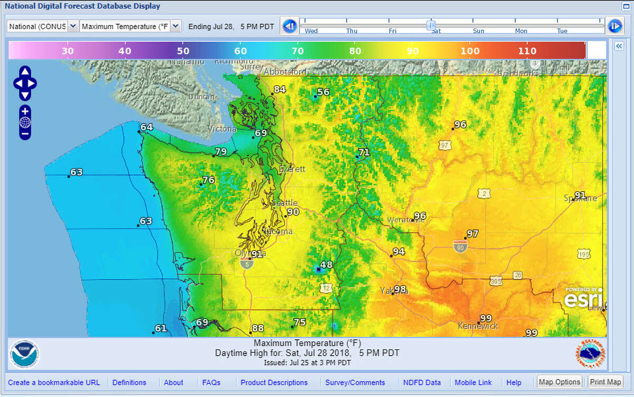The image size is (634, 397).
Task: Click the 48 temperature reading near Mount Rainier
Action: [326, 265]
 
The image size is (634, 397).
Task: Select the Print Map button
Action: [605, 382]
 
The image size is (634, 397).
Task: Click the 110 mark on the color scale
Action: [527, 51]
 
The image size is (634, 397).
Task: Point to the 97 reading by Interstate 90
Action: [472, 234]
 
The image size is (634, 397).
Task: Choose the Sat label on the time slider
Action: [436, 31]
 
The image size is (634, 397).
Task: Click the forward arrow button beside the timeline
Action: [614, 26]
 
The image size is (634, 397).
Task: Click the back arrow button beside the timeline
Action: [289, 26]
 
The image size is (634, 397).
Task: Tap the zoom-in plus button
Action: [25, 111]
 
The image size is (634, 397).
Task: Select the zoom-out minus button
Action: [25, 134]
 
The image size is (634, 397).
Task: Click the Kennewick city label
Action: [478, 326]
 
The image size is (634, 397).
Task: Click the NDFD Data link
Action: [422, 383]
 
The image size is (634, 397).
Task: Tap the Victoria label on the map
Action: [222, 129]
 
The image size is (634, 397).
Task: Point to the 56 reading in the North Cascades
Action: [323, 92]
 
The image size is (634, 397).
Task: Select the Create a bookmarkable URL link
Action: [54, 383]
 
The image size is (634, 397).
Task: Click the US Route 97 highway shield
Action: [445, 145]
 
